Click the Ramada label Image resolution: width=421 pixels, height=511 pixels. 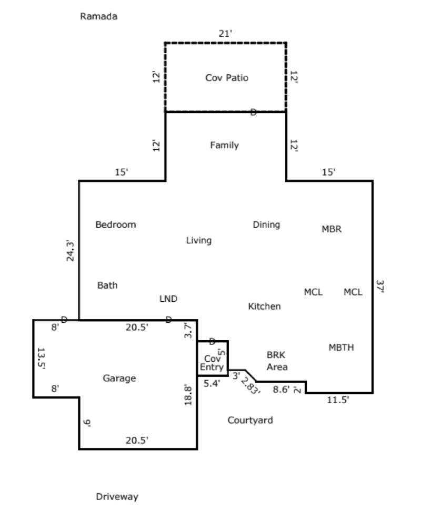(98, 16)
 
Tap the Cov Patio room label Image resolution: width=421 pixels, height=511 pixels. (226, 78)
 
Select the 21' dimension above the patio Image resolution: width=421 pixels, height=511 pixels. (225, 34)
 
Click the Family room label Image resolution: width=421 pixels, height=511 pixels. (224, 145)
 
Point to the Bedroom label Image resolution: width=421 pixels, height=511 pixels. (115, 224)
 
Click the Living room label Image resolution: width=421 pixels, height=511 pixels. (198, 240)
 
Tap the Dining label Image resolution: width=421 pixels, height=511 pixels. (266, 224)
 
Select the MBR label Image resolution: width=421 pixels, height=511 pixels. (332, 229)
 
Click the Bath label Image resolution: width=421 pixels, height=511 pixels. (107, 285)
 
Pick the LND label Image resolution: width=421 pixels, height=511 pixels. (168, 299)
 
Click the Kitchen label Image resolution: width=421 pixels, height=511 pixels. (264, 306)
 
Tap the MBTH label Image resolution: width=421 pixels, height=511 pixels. (341, 348)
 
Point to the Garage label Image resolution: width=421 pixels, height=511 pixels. (119, 378)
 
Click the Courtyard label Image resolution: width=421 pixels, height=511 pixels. (250, 420)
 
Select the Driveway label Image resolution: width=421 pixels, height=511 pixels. (117, 496)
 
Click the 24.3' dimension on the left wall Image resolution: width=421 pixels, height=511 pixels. (71, 251)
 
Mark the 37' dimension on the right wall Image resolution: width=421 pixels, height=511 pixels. (380, 287)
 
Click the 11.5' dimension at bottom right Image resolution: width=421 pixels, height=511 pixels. (338, 400)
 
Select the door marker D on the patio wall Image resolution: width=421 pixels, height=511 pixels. (253, 111)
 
